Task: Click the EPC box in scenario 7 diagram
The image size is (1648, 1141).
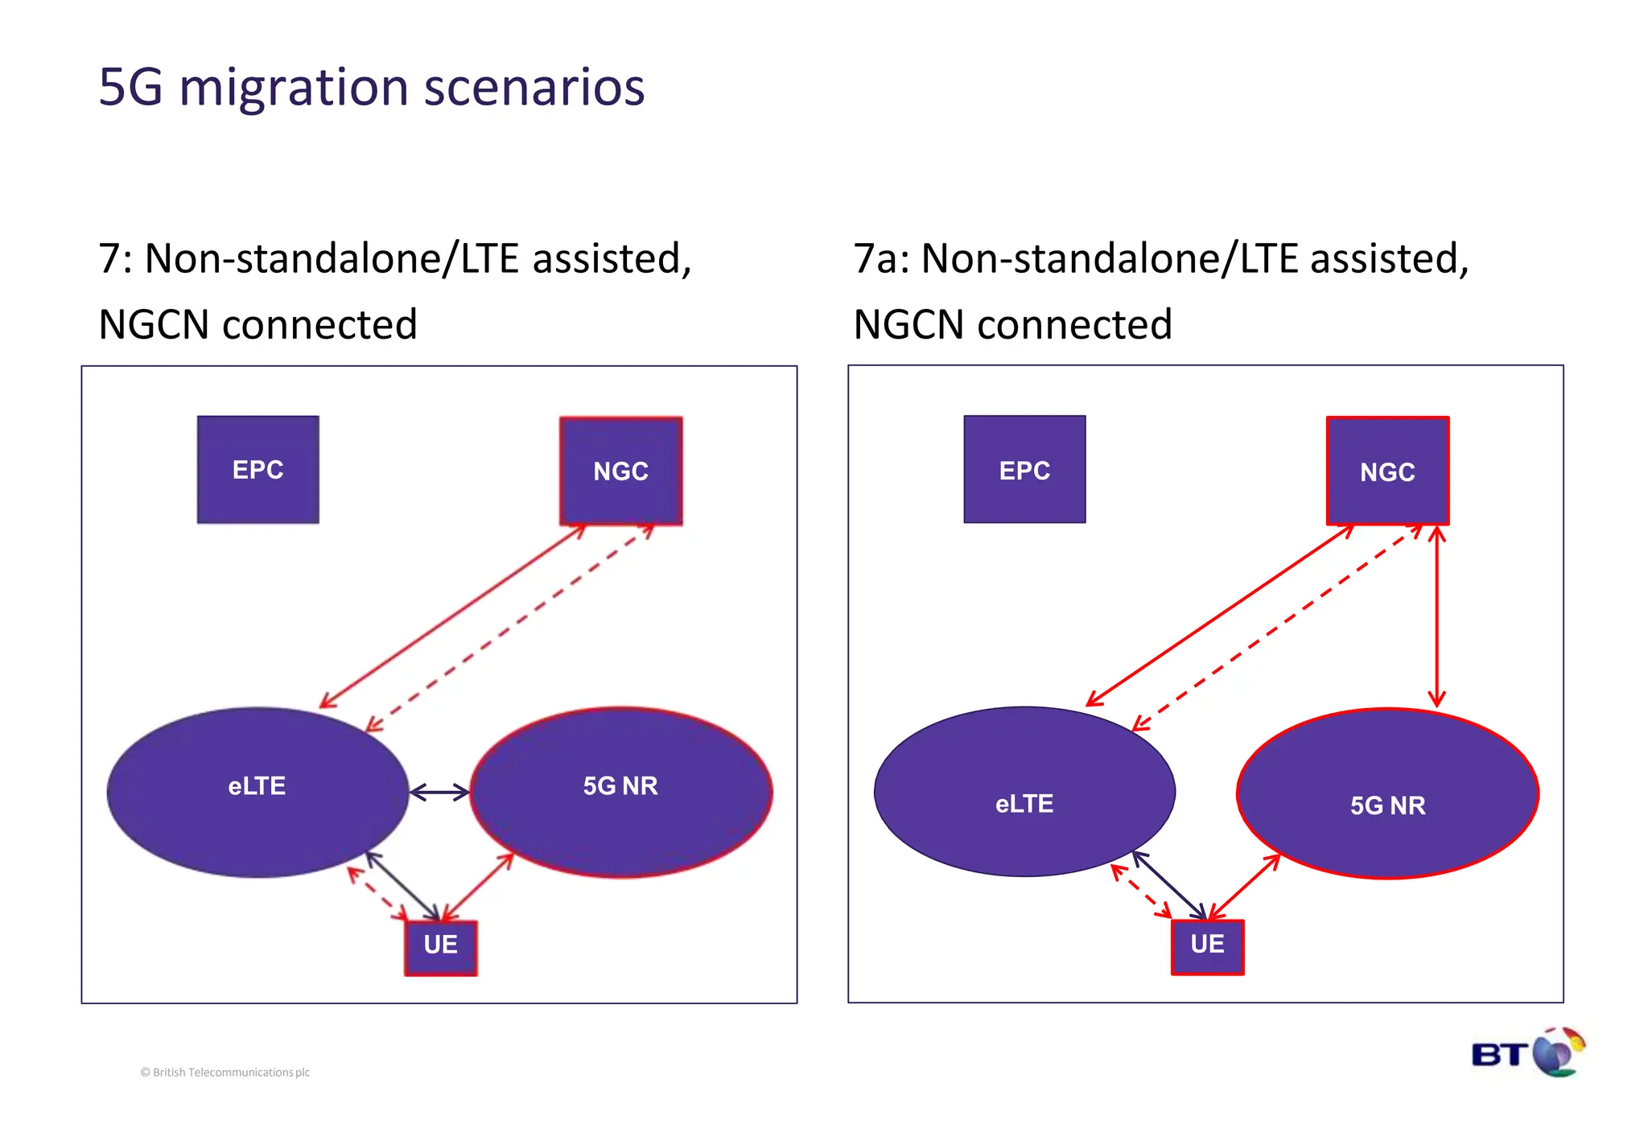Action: pos(257,469)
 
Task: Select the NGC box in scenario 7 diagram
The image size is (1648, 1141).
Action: pos(620,471)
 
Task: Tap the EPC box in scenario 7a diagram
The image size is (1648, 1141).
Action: pos(1024,469)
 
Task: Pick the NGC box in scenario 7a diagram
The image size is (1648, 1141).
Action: pos(1387,471)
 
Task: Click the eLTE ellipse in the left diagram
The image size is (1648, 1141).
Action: pos(257,792)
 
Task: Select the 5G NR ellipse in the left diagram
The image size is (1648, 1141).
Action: pos(620,792)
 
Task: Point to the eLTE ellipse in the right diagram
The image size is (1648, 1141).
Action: pos(1024,792)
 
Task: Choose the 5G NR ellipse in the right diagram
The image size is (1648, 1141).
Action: pos(1387,793)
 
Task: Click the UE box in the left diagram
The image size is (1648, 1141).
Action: pos(440,947)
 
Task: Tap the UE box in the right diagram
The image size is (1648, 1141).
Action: pos(1207,947)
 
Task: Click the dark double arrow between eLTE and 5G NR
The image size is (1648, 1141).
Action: pos(439,793)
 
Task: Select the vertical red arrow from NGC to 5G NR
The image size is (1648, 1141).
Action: pos(1437,616)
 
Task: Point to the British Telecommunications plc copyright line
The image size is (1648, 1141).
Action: pos(225,1072)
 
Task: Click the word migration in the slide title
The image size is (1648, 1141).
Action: pos(294,87)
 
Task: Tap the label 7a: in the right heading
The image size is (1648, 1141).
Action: pos(881,259)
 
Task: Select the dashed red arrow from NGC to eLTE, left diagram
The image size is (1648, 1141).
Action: pos(510,628)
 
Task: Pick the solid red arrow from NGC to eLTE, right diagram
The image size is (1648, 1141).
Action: pos(1219,616)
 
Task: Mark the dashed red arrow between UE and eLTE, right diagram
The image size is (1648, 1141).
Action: pos(1141,891)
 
